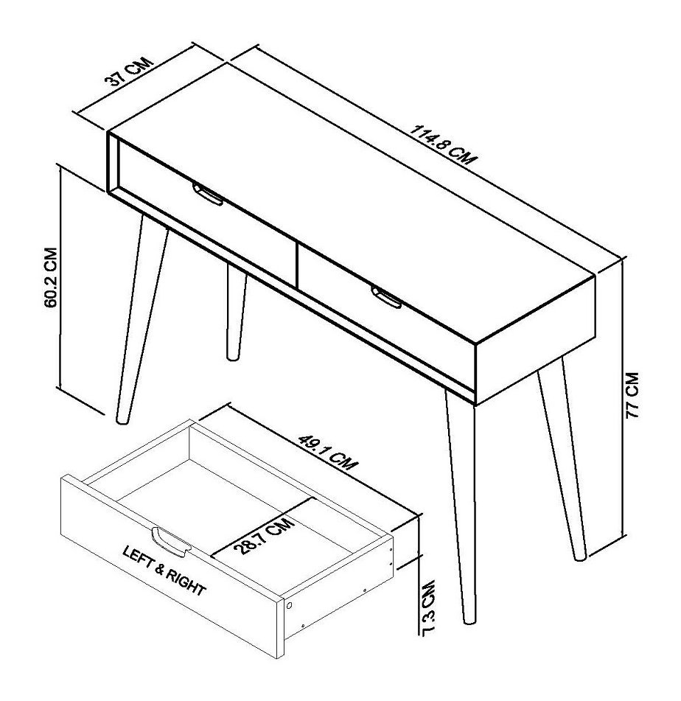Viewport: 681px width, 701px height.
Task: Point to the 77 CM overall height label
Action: (635, 395)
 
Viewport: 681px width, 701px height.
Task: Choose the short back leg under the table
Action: (235, 313)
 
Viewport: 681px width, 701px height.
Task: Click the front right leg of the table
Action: (460, 509)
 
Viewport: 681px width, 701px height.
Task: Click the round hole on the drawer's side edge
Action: (290, 605)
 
